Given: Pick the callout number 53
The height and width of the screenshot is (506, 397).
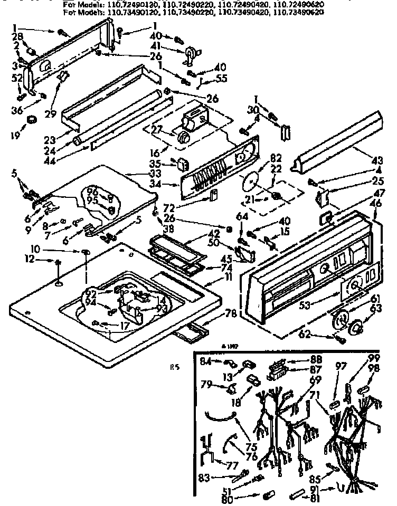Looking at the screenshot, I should point(303,304).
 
